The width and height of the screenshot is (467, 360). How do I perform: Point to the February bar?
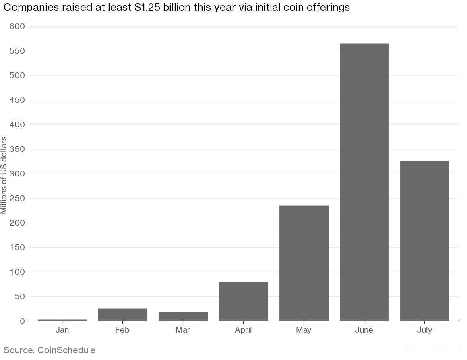point(122,314)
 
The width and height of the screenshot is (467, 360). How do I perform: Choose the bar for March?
point(183,317)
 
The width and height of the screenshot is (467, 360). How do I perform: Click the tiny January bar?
point(62,320)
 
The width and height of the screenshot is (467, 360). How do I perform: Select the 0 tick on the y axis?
point(22,321)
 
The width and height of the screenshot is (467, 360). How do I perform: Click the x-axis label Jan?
point(62,330)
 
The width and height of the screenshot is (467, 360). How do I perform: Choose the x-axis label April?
point(243,330)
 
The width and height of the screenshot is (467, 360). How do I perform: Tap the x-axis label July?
point(424,330)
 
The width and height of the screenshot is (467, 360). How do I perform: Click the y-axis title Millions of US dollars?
point(4,175)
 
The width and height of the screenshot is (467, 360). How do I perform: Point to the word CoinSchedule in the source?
point(66,350)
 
